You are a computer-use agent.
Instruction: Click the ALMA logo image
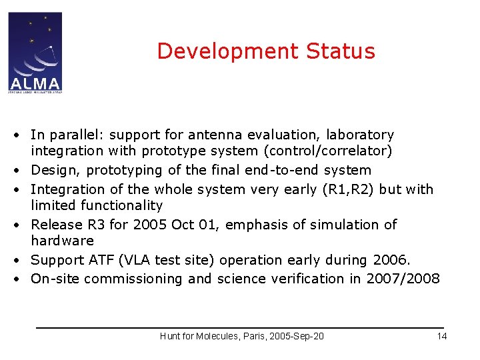[35, 52]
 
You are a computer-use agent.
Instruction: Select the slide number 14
[441, 336]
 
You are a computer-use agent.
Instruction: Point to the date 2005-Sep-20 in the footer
[296, 336]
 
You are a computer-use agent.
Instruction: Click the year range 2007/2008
[403, 279]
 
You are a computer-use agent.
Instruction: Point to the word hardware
[62, 241]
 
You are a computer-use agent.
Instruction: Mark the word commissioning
[128, 279]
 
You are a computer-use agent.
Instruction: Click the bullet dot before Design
[22, 171]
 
